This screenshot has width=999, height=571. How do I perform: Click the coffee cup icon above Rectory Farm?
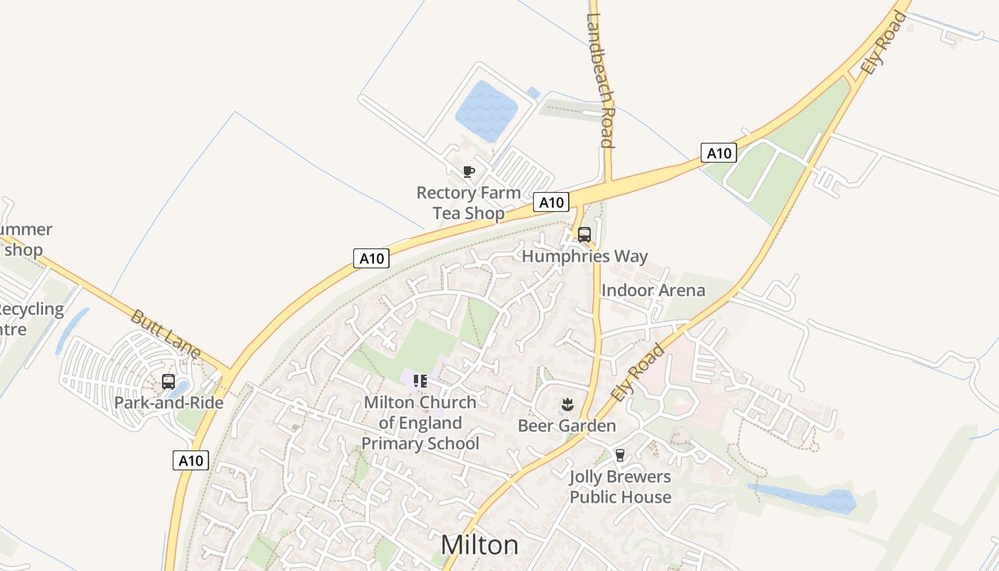point(469,171)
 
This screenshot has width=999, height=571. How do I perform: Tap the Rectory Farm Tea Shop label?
point(469,203)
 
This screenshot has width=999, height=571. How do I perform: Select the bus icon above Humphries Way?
point(584,234)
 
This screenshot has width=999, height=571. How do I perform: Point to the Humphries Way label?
point(584,256)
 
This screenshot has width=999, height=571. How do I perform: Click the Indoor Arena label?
point(653,290)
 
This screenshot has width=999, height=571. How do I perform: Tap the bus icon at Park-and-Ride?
point(168,382)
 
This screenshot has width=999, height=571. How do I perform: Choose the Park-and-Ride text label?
point(169,403)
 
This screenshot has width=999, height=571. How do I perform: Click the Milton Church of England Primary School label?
point(420,423)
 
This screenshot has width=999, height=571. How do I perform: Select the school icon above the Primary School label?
point(420,381)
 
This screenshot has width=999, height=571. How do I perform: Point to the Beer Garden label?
point(567,426)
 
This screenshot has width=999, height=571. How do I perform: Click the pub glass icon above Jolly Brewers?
point(620,455)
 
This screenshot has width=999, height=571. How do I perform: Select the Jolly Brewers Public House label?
point(620,487)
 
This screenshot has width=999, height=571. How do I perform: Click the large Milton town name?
point(480,545)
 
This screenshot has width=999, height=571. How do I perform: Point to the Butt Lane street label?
point(166,334)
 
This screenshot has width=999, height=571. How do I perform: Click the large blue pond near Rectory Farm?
point(487,111)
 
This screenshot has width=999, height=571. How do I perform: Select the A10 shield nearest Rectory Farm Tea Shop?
point(551,203)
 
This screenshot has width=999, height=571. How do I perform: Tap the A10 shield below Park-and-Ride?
point(191,460)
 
